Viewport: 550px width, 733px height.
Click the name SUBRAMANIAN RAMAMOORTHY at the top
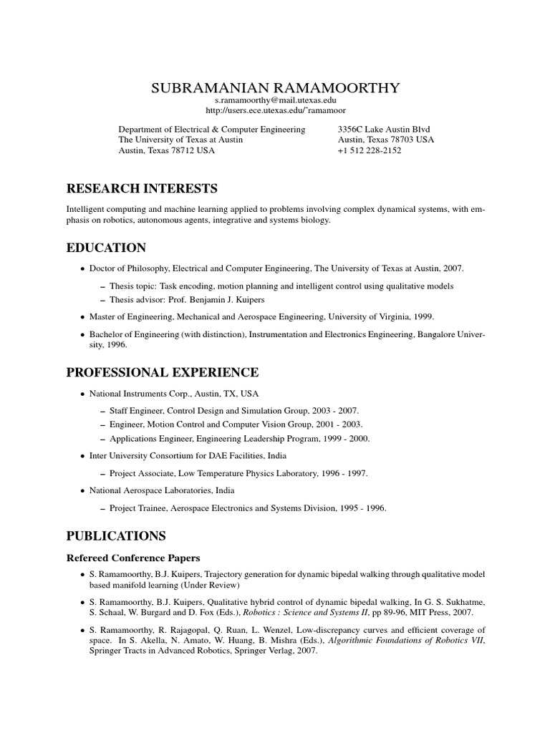[x=276, y=88]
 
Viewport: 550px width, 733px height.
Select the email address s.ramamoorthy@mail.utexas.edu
[x=276, y=101]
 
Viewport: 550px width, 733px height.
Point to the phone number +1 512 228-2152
[x=369, y=151]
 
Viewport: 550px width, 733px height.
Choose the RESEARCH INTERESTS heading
[x=142, y=189]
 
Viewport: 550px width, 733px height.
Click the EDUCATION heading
[x=106, y=248]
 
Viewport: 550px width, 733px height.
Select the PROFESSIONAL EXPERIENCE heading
[x=163, y=372]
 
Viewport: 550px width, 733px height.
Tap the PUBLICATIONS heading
[x=116, y=535]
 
